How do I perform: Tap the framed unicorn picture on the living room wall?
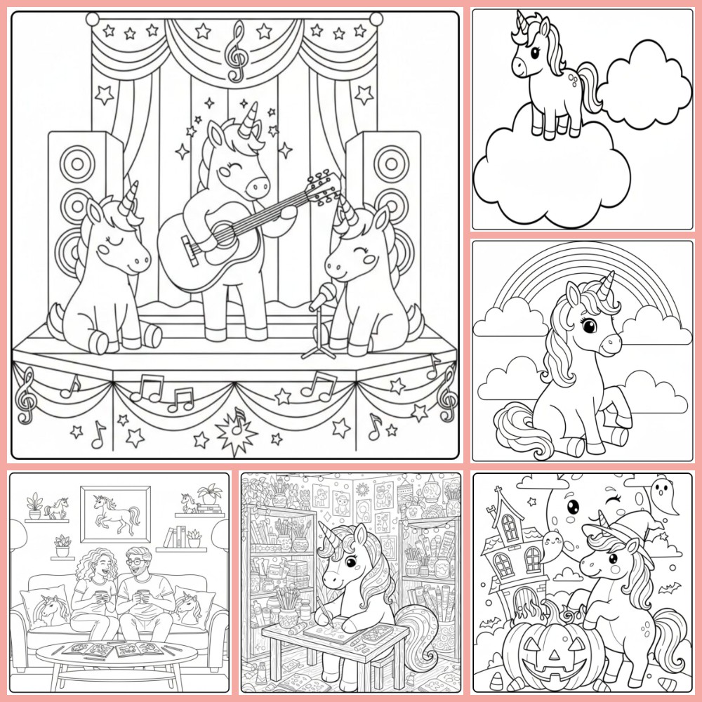point(114,512)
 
